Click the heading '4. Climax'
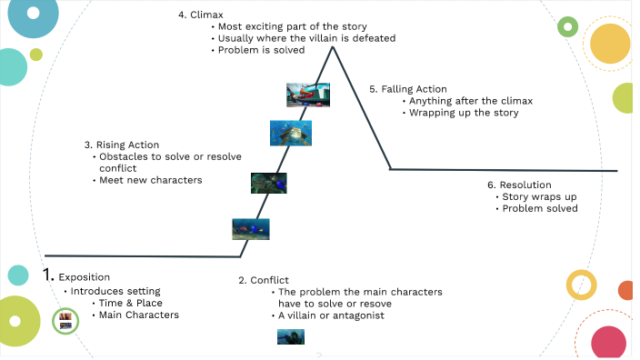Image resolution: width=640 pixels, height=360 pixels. [201, 15]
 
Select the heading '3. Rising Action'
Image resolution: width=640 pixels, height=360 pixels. [121, 145]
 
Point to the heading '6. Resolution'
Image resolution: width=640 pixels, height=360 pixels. [520, 185]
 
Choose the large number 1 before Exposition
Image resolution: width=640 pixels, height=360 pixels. [49, 275]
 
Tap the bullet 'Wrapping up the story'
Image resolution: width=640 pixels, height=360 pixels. [464, 113]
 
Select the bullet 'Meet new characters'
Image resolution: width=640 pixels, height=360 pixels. [150, 180]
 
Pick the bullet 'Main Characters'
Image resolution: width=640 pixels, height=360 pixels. [139, 315]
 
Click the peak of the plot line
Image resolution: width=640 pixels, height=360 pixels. [332, 47]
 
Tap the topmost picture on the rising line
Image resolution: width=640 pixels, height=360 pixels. [307, 95]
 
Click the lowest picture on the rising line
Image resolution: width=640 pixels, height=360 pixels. [250, 229]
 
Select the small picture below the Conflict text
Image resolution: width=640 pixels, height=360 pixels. [291, 337]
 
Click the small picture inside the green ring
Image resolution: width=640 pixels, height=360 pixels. [65, 320]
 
